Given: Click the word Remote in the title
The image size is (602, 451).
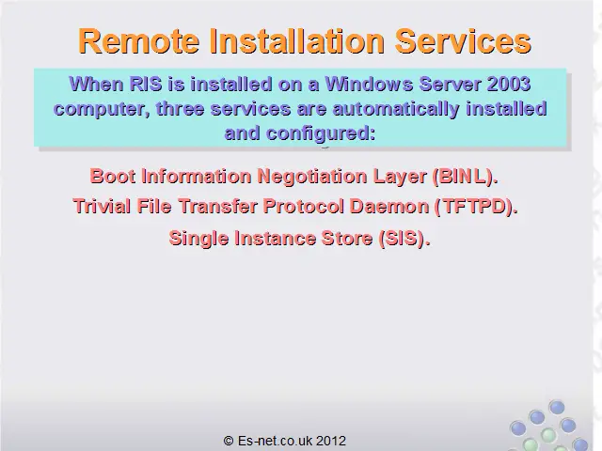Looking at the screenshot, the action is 139,41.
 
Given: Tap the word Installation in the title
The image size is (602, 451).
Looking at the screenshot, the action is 297,41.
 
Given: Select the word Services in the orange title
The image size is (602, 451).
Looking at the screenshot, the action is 463,41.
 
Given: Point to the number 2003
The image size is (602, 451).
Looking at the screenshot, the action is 509,84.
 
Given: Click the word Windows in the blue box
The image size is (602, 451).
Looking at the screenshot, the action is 369,84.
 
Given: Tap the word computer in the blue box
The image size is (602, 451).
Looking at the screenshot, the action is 102,109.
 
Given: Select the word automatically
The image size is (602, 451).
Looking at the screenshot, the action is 396,109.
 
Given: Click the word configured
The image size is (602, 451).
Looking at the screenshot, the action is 321,133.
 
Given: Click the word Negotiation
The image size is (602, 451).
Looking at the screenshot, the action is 312,177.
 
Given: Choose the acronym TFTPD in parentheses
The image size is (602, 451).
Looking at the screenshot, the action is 475,207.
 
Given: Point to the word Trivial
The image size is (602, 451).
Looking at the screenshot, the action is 102,207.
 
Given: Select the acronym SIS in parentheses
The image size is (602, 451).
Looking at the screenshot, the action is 402,239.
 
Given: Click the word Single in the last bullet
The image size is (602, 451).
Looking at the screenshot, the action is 198,239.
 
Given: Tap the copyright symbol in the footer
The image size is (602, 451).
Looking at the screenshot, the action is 229,441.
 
